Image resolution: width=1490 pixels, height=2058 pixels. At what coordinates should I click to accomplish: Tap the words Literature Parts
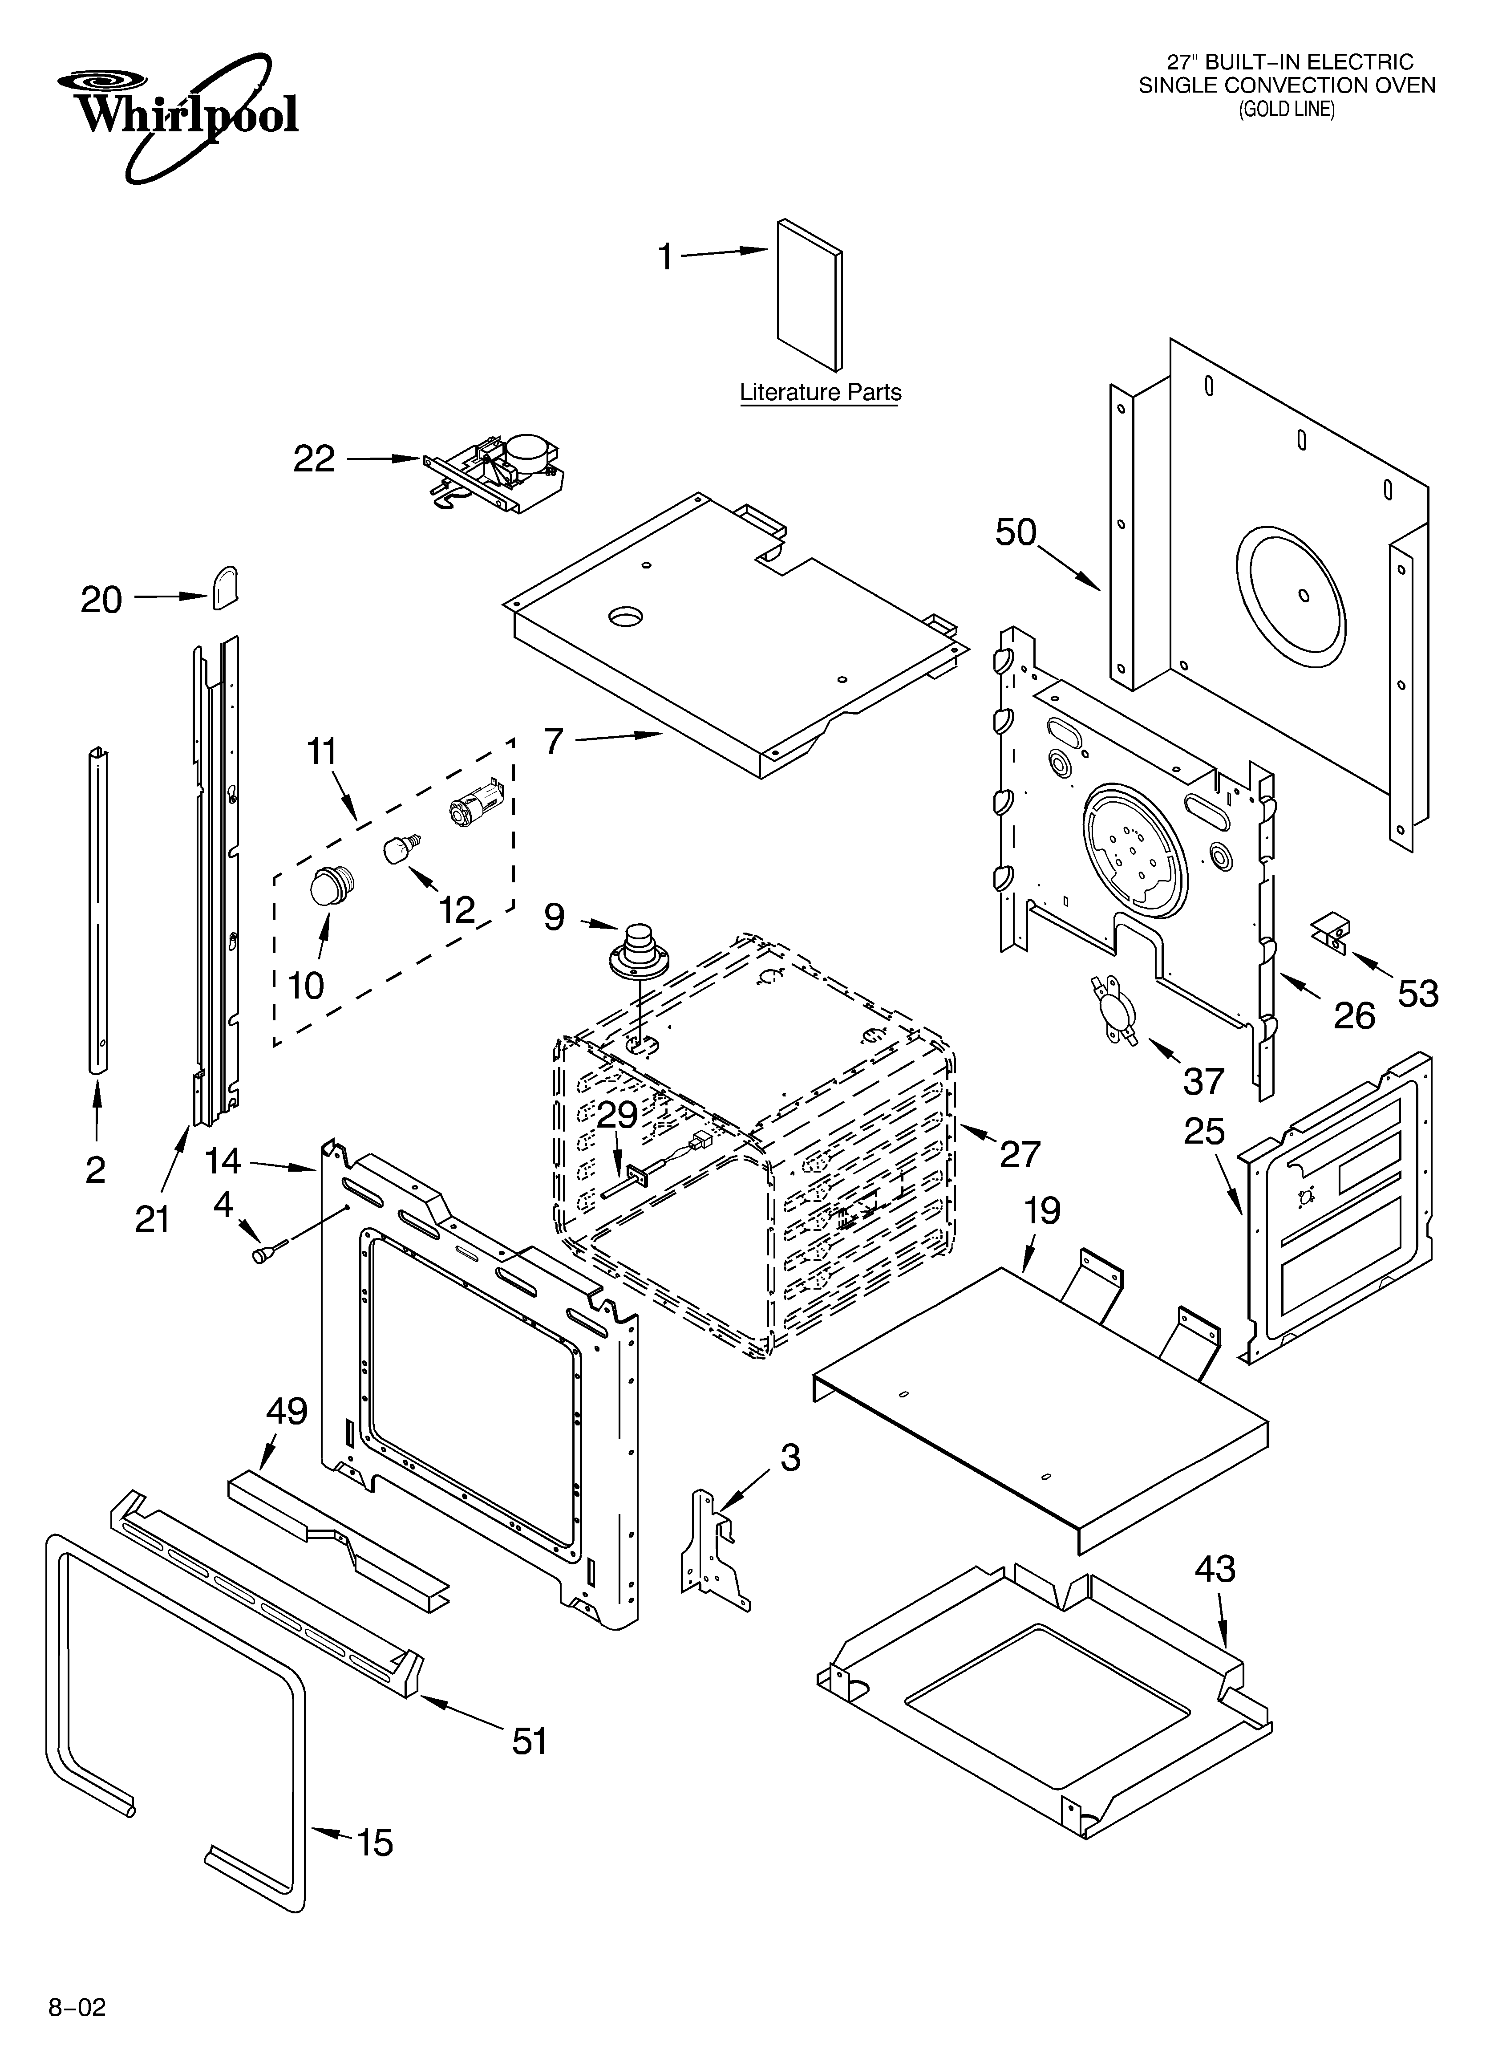click(x=820, y=393)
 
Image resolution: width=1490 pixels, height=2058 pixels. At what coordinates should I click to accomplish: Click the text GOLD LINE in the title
click(x=1287, y=110)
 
